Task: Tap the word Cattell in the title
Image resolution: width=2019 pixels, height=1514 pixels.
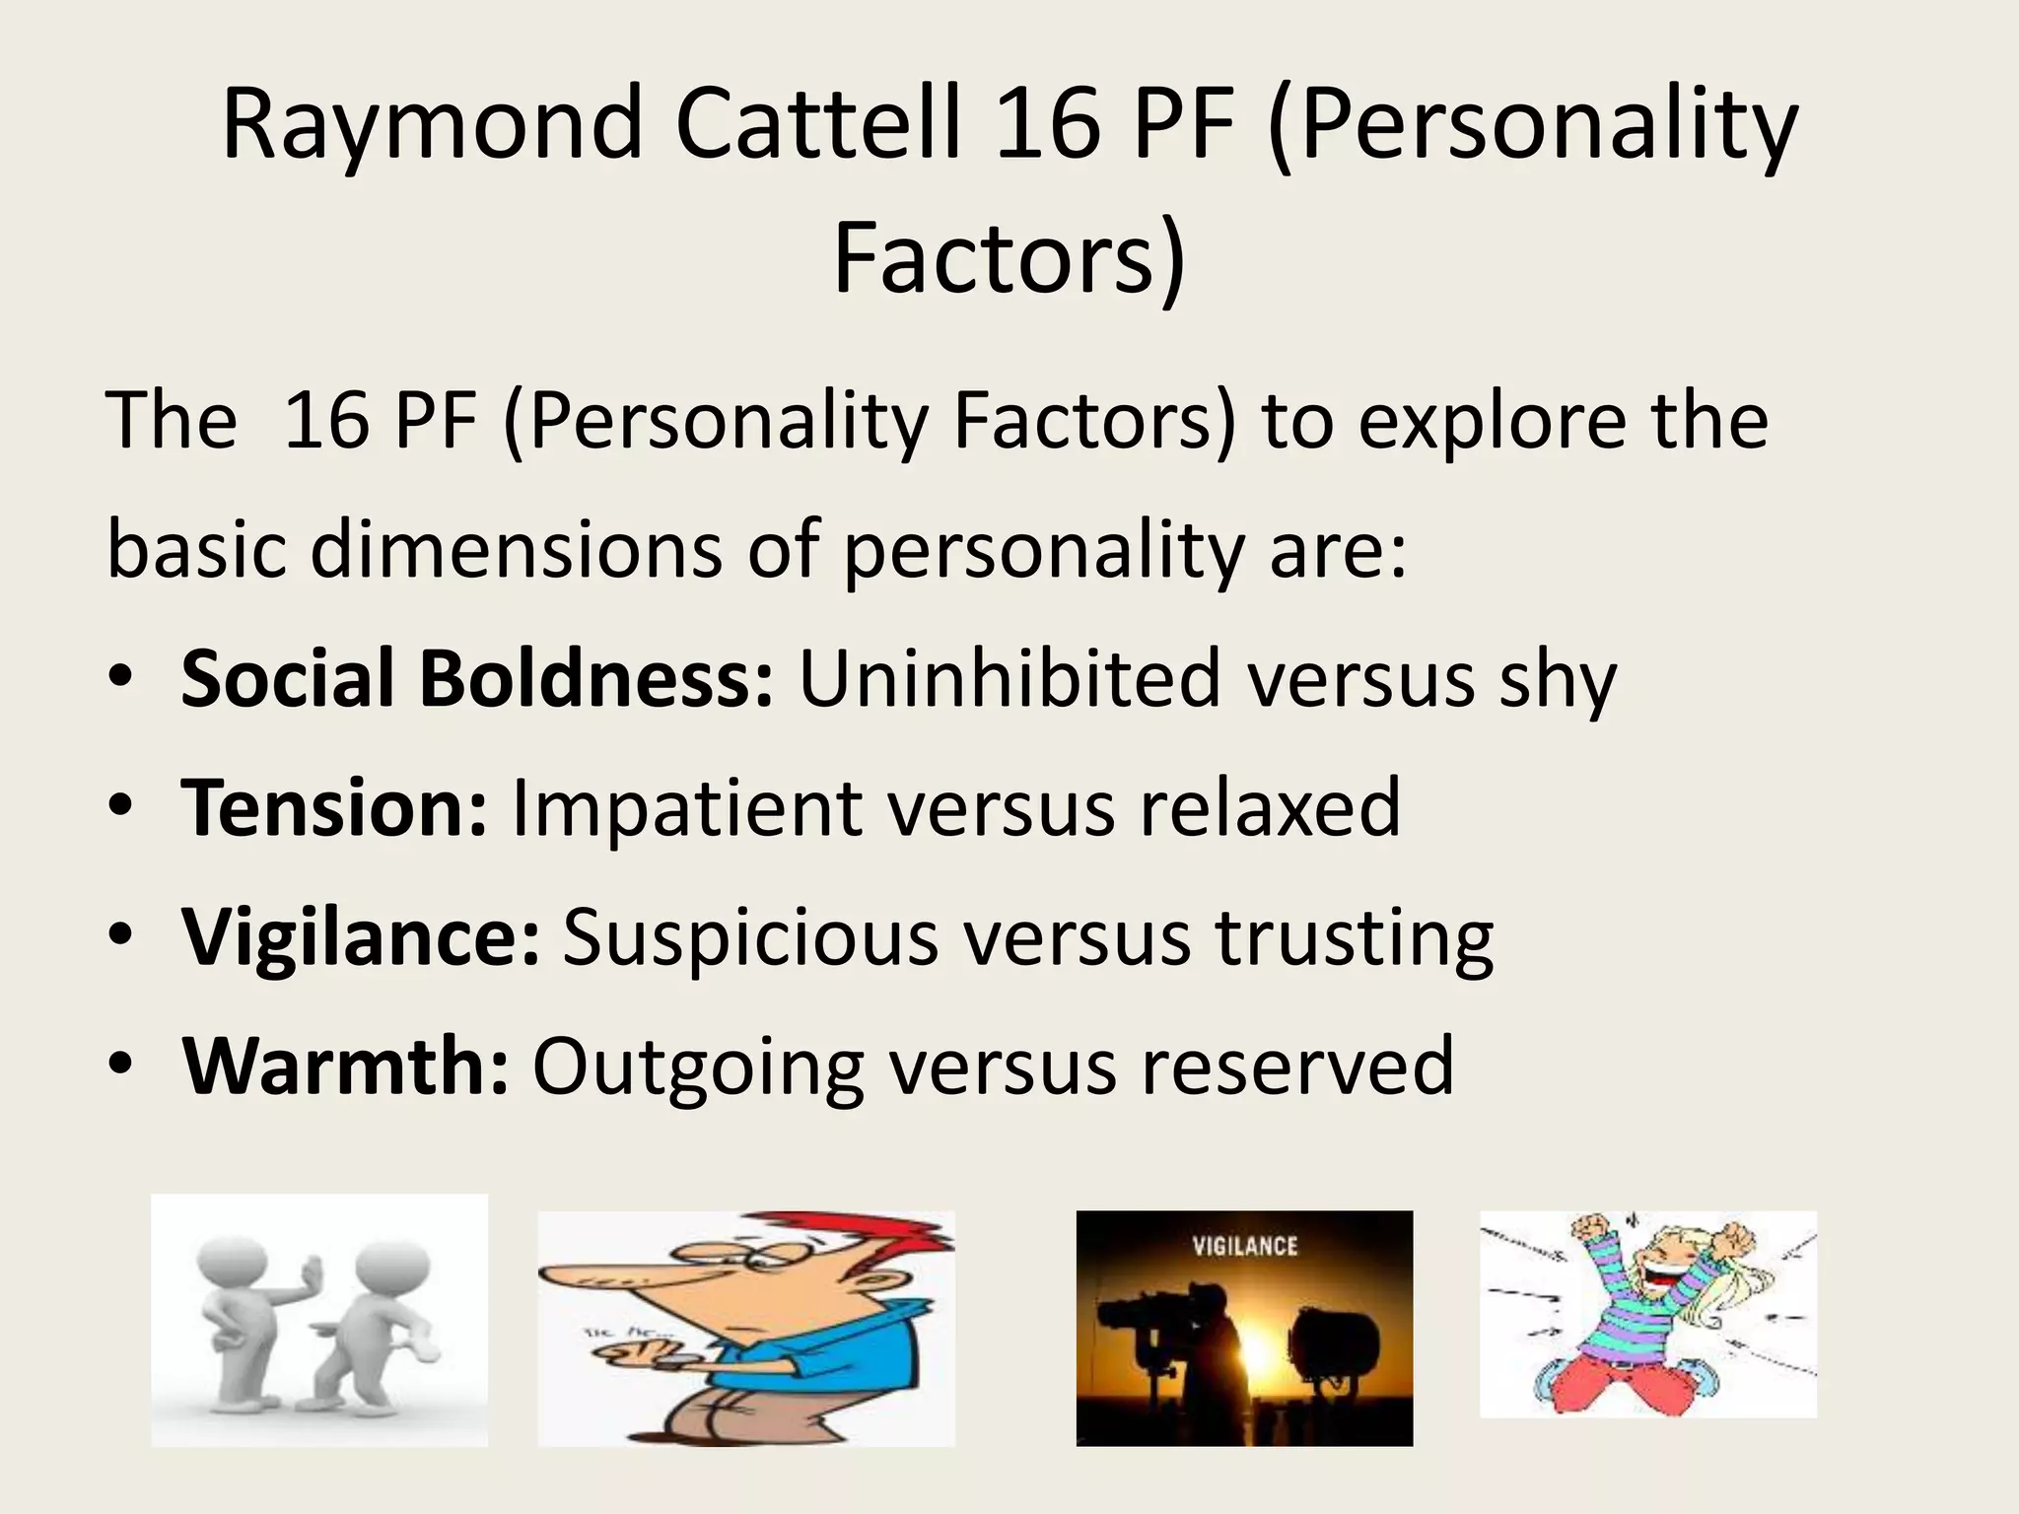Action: point(817,124)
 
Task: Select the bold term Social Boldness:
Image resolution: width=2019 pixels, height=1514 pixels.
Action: point(477,679)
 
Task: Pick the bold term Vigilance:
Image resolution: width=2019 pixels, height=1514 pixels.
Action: point(361,937)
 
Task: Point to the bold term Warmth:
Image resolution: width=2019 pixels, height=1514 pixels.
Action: point(345,1067)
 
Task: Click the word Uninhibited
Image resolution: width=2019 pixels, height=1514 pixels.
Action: point(1009,679)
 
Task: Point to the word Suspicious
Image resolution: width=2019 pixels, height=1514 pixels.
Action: point(750,937)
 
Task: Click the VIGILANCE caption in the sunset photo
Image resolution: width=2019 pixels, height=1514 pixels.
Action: point(1244,1247)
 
